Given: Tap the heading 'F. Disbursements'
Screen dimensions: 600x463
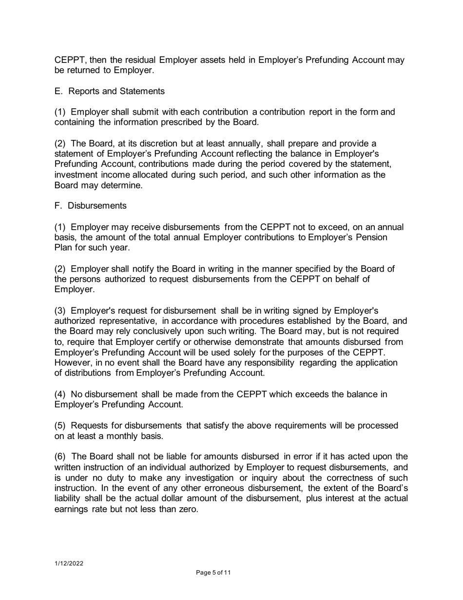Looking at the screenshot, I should point(90,206).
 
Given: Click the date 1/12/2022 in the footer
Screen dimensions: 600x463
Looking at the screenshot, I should point(68,563).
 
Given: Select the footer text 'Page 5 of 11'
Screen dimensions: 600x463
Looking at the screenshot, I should point(213,573).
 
